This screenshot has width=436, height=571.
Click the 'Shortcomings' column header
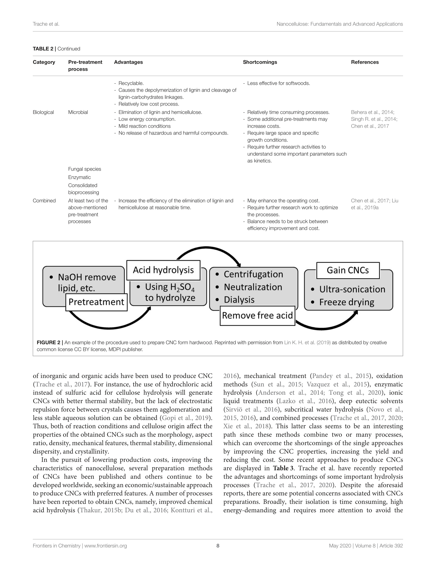pyautogui.click(x=260, y=62)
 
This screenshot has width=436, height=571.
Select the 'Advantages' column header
pyautogui.click(x=128, y=62)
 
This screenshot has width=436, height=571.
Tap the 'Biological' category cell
pyautogui.click(x=43, y=112)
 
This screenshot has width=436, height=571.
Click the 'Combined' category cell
pyautogui.click(x=44, y=201)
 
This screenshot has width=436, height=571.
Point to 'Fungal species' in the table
pyautogui.click(x=85, y=169)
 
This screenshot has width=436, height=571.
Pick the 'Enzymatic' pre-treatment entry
pyautogui.click(x=79, y=177)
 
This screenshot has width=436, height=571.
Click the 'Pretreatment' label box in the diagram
pyautogui.click(x=96, y=302)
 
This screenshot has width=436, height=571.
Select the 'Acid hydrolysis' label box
pyautogui.click(x=163, y=270)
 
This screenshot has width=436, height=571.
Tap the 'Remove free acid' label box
pyautogui.click(x=257, y=315)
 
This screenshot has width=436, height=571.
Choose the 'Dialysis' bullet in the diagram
pyautogui.click(x=239, y=300)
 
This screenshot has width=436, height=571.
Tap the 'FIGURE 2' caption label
pyautogui.click(x=49, y=343)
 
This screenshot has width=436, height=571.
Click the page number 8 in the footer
pyautogui.click(x=218, y=546)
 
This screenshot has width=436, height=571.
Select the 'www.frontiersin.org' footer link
pyautogui.click(x=106, y=546)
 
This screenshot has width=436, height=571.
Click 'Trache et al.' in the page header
pyautogui.click(x=46, y=24)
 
